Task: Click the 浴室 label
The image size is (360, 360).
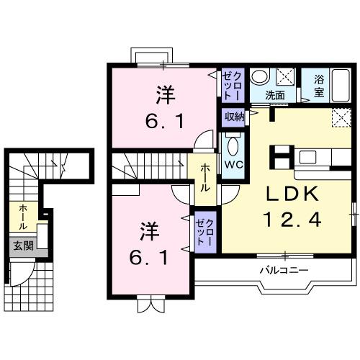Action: click(x=320, y=86)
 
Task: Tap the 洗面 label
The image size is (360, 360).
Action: click(x=274, y=94)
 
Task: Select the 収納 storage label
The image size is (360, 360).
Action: click(x=234, y=116)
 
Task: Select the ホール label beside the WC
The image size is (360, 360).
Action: click(x=205, y=176)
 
